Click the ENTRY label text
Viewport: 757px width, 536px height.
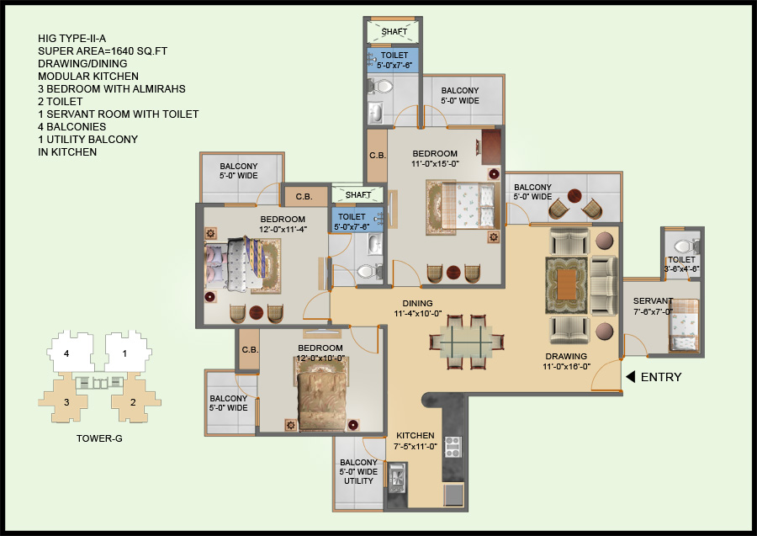coord(661,377)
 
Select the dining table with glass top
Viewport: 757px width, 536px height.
coord(468,342)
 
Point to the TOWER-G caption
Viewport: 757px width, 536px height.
coord(100,438)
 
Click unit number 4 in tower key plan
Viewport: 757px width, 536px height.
coord(66,354)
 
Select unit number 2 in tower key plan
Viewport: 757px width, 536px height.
coord(133,402)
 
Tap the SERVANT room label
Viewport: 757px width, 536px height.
coord(653,301)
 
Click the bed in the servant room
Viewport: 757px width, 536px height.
coord(683,325)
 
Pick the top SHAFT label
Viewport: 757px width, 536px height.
coord(394,32)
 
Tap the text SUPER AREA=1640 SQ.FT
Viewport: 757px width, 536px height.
coord(103,51)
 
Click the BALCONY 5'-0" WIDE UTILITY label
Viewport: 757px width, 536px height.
coord(358,472)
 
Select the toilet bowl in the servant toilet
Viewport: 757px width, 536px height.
coord(683,247)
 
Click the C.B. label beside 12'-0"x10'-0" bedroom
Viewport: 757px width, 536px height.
coord(249,350)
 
